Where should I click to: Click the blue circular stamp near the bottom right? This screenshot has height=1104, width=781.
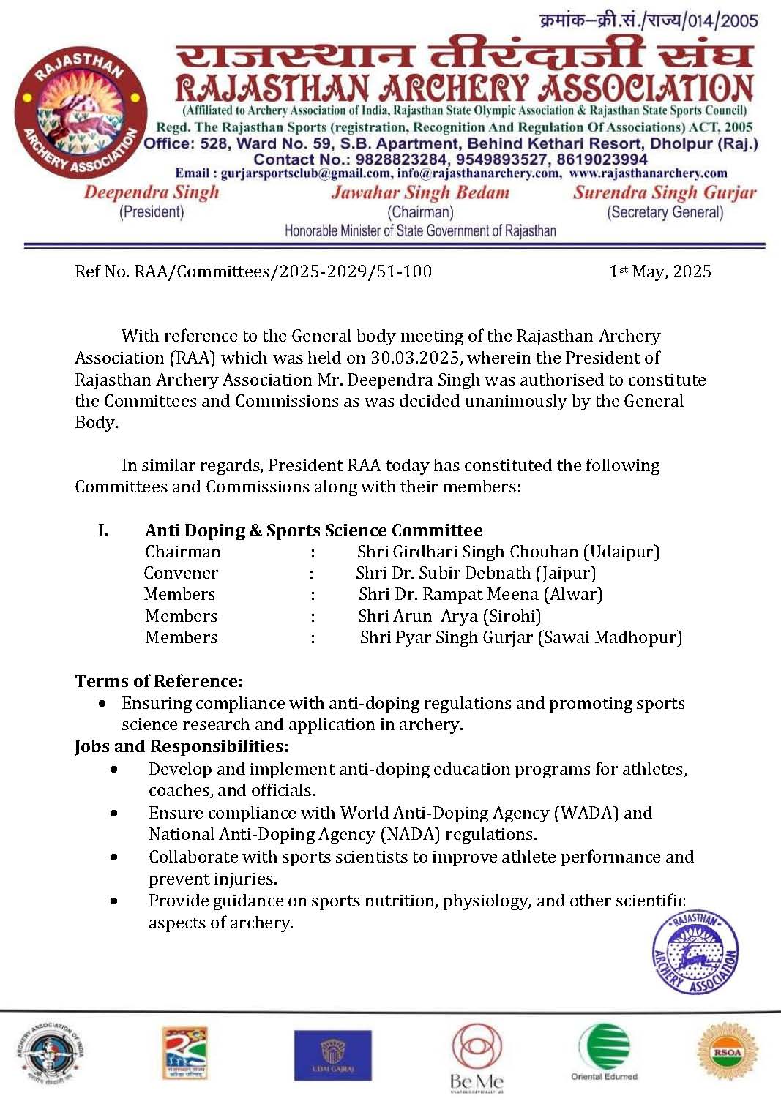point(695,953)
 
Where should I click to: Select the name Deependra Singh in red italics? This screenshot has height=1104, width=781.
point(152,192)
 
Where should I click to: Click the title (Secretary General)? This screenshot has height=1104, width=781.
point(665,212)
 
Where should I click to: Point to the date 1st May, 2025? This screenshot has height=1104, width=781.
point(660,271)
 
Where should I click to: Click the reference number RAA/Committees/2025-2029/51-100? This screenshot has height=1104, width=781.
point(283,271)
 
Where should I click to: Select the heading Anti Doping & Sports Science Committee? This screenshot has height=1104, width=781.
point(313,530)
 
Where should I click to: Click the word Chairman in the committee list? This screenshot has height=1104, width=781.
point(182,552)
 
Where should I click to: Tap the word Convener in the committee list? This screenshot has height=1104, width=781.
point(181,573)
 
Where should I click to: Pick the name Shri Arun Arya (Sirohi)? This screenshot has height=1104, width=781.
point(449,616)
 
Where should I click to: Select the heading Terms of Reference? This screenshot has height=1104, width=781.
point(157,681)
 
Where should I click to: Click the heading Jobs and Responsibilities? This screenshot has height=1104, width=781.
point(182,746)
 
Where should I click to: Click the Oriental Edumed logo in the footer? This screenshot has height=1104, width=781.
point(604,1051)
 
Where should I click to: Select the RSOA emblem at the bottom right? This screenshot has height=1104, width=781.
point(727,1052)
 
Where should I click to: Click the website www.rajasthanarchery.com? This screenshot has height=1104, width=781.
point(648,173)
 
